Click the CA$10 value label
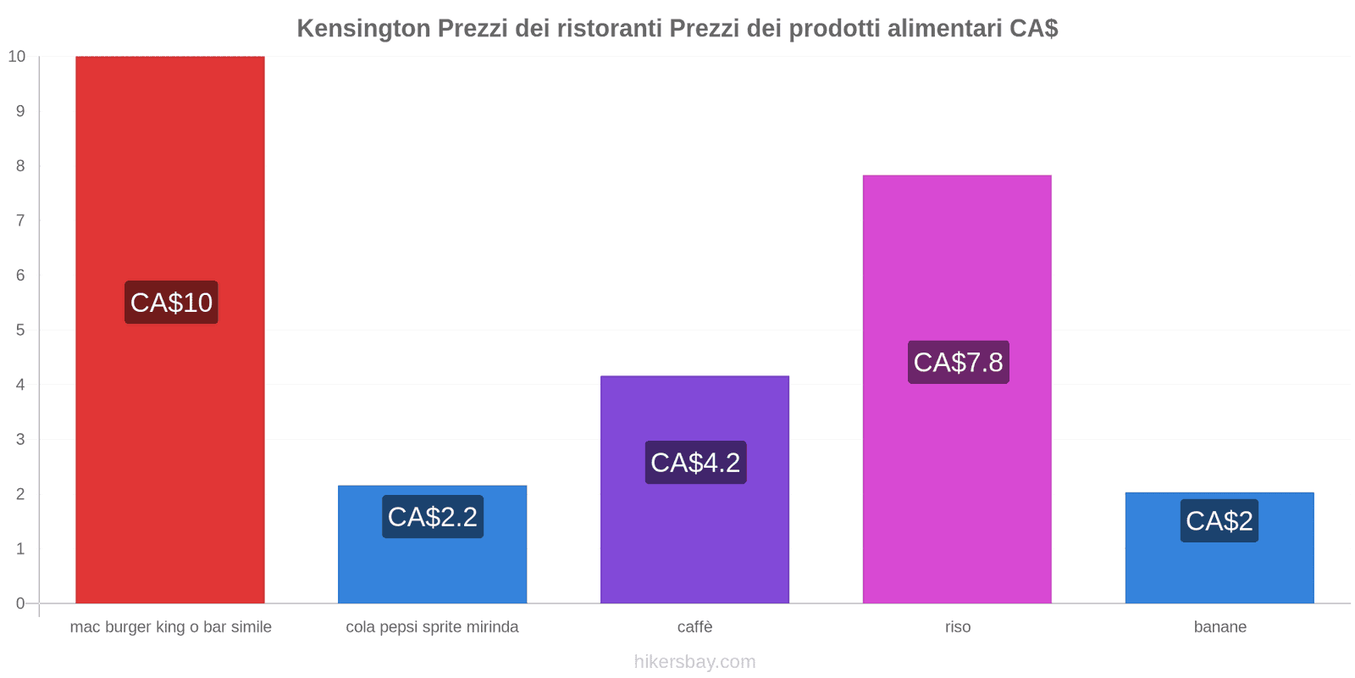171,303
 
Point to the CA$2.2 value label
433,517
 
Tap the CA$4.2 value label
695,463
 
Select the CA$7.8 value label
958,363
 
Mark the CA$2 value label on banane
1219,521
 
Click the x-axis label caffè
694,627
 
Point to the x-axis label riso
958,627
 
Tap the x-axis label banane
1219,627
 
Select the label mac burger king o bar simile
170,627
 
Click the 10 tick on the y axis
17,57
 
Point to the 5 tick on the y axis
20,331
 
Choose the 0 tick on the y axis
20,603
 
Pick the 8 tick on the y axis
20,166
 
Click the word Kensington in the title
363,29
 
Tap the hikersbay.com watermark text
694,662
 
